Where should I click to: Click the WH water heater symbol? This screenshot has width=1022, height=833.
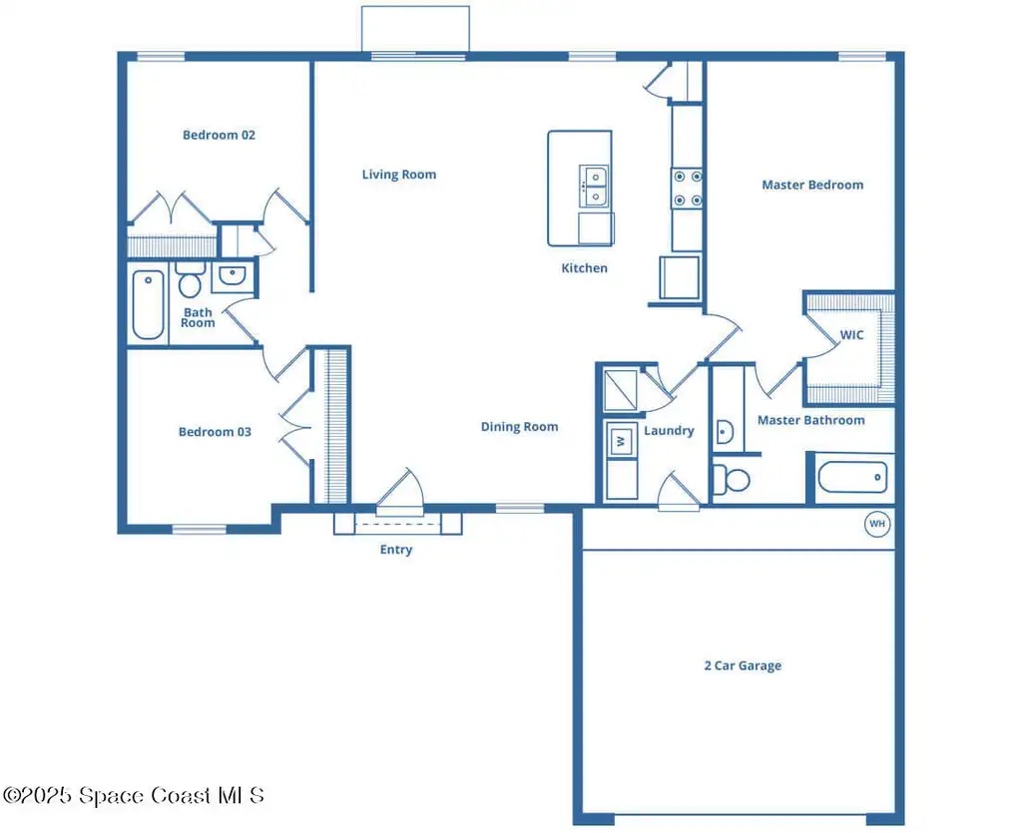click(x=877, y=524)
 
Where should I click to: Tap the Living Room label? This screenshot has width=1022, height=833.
click(x=399, y=175)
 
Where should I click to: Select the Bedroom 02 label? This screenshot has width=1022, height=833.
click(x=219, y=135)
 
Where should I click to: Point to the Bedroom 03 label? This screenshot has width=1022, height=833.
click(x=216, y=432)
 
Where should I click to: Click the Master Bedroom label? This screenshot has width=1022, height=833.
click(x=812, y=185)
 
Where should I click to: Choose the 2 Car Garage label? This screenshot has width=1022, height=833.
click(x=743, y=665)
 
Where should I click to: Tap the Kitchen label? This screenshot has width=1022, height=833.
click(x=585, y=267)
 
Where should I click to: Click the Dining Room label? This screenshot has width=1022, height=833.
click(x=519, y=427)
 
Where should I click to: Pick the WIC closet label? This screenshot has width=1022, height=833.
click(x=852, y=335)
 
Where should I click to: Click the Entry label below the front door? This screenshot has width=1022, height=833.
click(x=396, y=550)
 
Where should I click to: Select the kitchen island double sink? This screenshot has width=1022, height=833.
click(x=594, y=187)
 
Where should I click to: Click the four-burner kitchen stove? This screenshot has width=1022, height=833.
click(x=688, y=189)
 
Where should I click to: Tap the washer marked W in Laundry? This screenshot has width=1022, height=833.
click(x=621, y=441)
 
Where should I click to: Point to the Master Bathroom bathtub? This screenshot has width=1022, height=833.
click(x=852, y=478)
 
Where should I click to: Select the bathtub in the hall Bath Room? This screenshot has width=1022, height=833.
click(x=148, y=304)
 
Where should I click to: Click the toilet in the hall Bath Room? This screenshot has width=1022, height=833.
click(x=191, y=279)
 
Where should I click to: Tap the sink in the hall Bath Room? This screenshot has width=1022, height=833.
click(x=232, y=275)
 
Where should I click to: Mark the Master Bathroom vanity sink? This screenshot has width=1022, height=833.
click(x=725, y=431)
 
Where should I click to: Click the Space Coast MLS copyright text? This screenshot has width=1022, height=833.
click(x=135, y=795)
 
